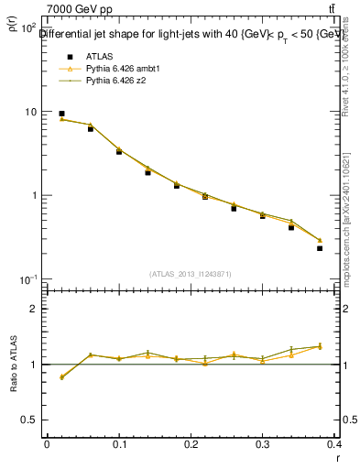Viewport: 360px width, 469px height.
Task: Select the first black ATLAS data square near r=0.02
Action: pyautogui.click(x=61, y=114)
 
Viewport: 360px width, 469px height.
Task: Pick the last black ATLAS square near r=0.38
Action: pyautogui.click(x=320, y=248)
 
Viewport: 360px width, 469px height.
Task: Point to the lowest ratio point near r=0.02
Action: pyautogui.click(x=61, y=376)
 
